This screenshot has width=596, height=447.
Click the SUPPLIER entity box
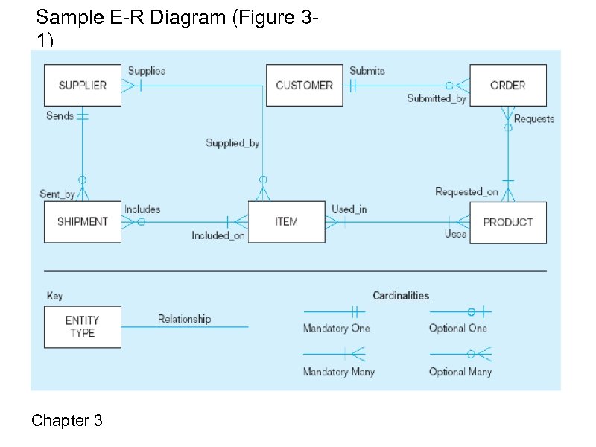click(82, 85)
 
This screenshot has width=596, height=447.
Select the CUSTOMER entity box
click(304, 85)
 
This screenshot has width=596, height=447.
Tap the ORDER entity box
click(507, 85)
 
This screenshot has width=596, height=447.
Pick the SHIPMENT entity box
click(82, 221)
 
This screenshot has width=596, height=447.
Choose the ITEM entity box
click(286, 221)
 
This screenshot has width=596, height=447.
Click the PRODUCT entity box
click(507, 222)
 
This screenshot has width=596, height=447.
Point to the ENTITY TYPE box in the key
click(82, 326)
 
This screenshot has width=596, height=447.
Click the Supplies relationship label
click(147, 71)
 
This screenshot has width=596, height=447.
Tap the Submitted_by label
click(436, 98)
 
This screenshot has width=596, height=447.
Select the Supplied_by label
click(232, 142)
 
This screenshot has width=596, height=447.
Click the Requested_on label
click(466, 192)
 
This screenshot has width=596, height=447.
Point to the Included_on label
click(218, 235)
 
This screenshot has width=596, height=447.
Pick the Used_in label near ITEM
click(349, 209)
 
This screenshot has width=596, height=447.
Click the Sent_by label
click(57, 194)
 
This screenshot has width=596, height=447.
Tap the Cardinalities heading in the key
click(401, 296)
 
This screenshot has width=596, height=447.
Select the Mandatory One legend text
click(336, 328)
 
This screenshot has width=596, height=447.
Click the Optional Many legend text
click(460, 371)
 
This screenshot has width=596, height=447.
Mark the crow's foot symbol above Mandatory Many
click(357, 352)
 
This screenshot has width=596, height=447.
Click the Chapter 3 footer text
click(67, 421)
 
